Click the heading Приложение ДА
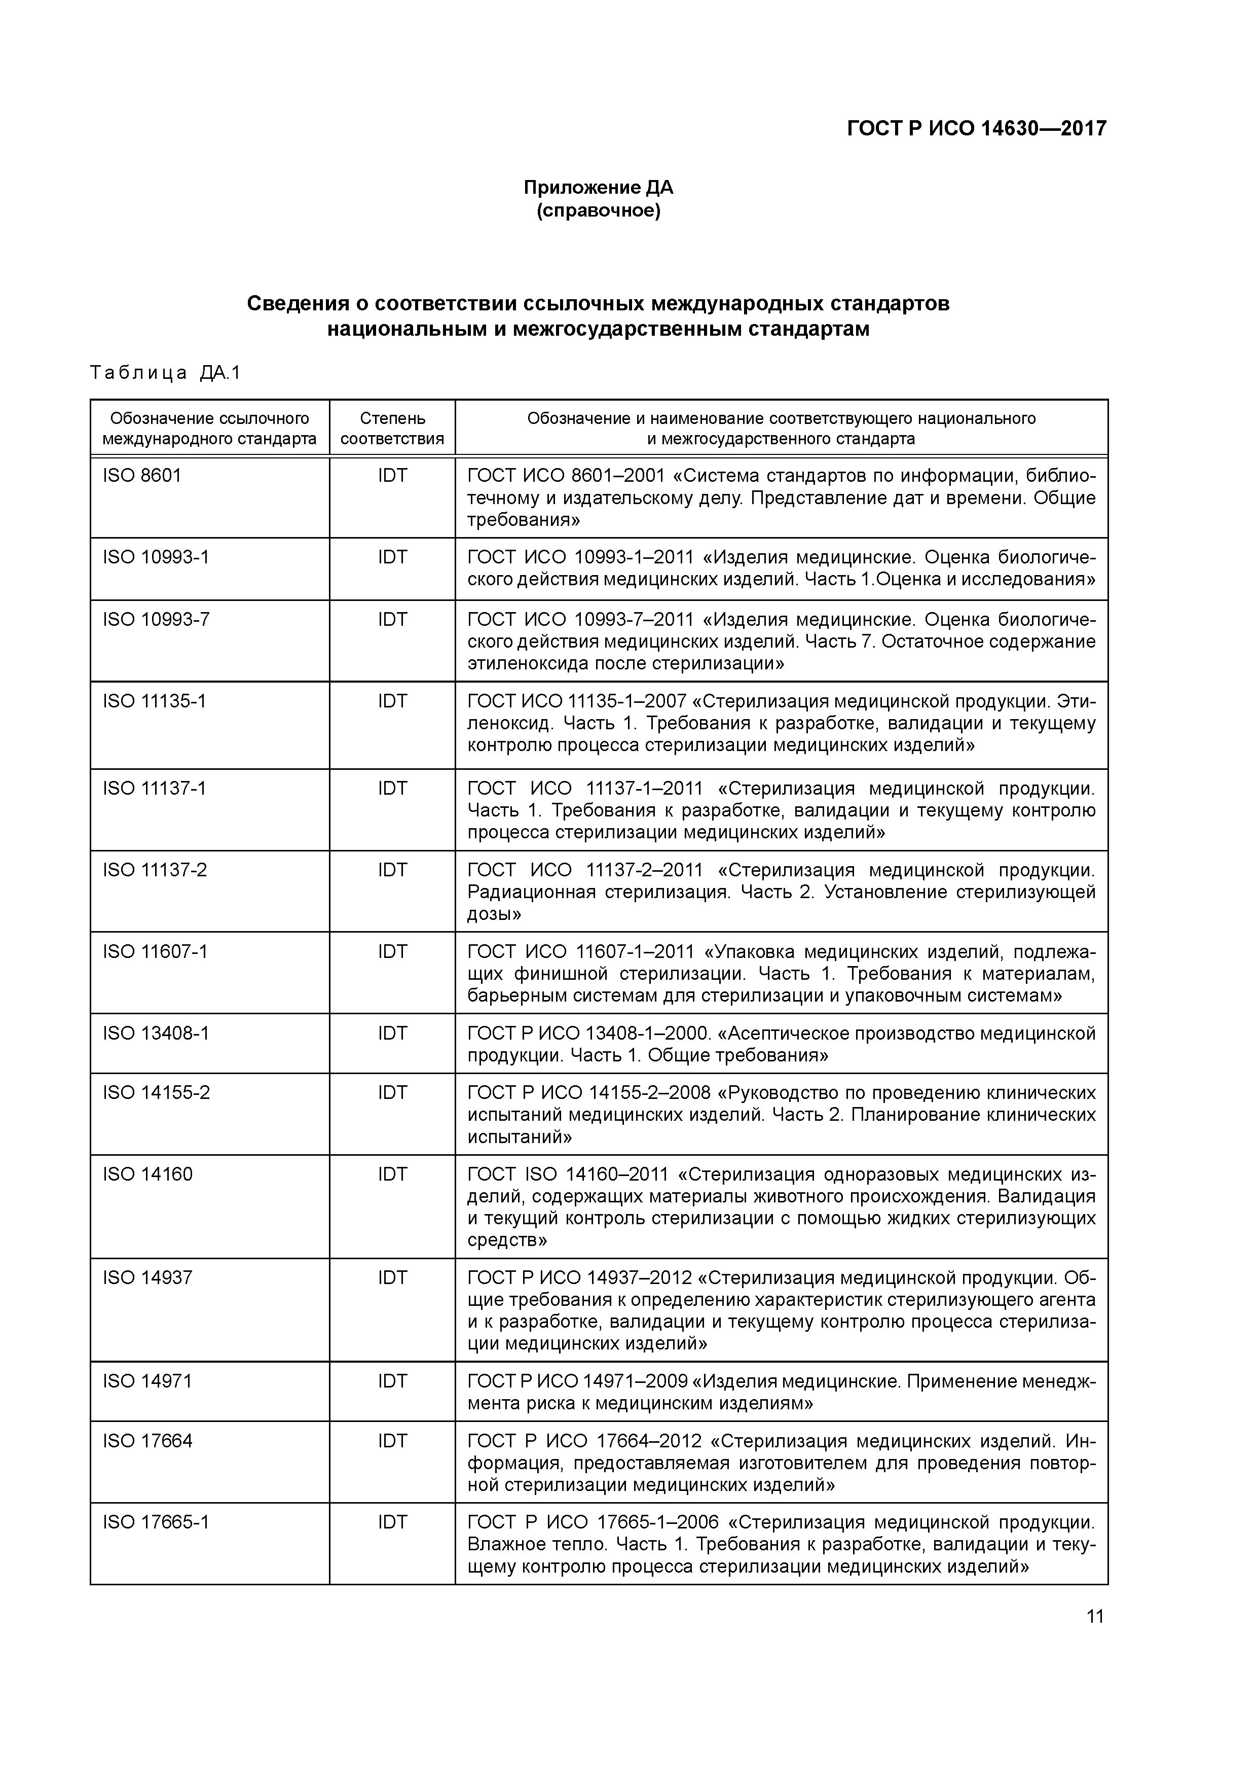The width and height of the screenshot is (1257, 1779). click(598, 188)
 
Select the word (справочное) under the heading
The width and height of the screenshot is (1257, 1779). click(598, 211)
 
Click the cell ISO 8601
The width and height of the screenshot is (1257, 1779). click(142, 475)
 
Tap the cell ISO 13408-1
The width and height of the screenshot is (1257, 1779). click(156, 1033)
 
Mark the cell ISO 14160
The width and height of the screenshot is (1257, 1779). click(147, 1174)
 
